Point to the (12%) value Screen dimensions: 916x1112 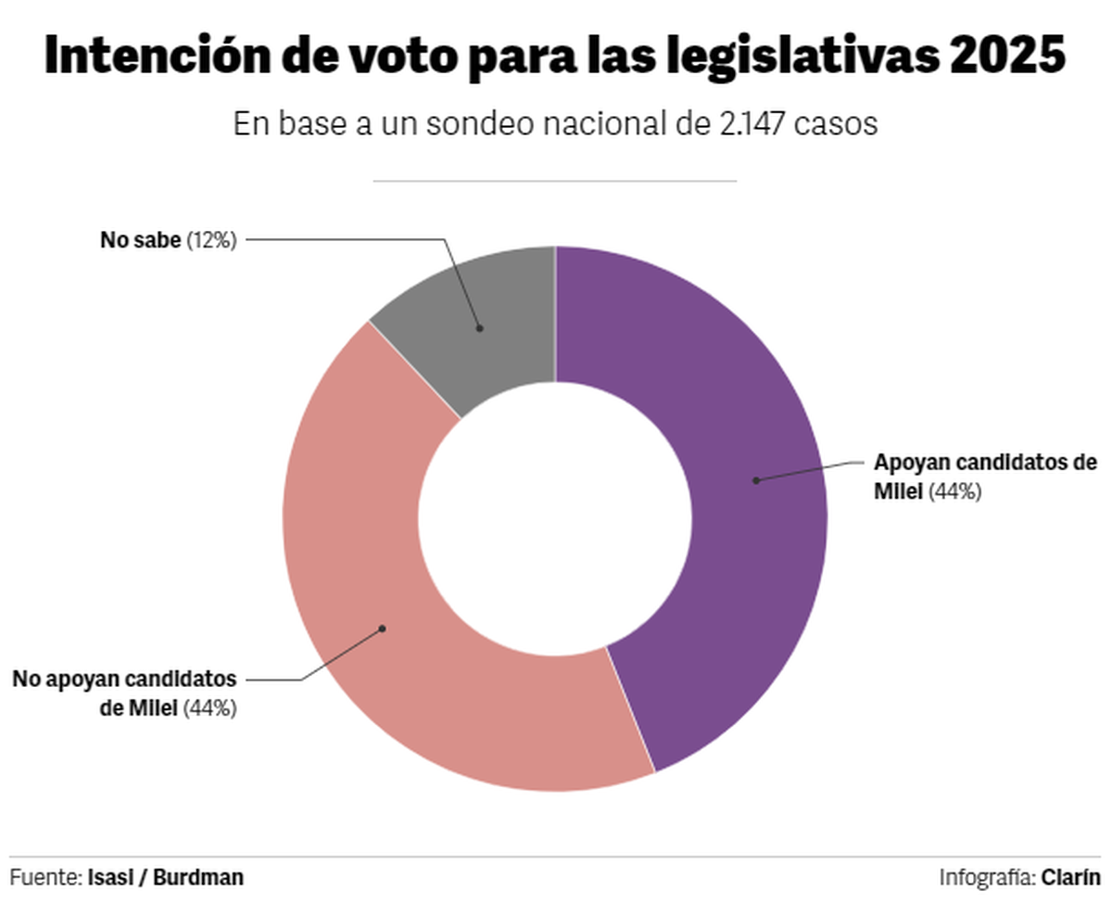(212, 240)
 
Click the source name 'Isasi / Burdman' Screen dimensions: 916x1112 (166, 877)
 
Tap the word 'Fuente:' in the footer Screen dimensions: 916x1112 (46, 877)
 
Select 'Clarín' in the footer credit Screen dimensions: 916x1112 (1070, 877)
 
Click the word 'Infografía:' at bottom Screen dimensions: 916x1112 (987, 877)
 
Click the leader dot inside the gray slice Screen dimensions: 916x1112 (479, 327)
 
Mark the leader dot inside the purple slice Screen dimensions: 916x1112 (755, 480)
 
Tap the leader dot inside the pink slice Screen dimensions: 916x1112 (382, 629)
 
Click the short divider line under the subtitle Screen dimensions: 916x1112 (554, 181)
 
